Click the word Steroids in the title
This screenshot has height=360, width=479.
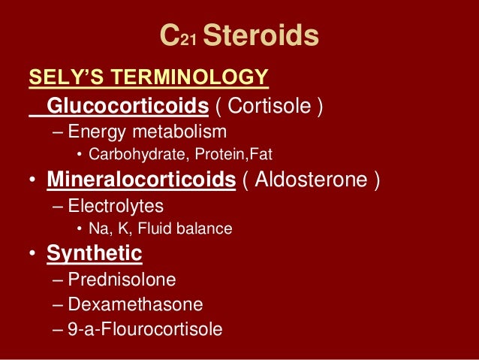pyautogui.click(x=261, y=35)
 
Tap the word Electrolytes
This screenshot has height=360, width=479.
pyautogui.click(x=115, y=205)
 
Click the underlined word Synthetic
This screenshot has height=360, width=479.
pyautogui.click(x=95, y=253)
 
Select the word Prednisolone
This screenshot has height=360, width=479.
pyautogui.click(x=122, y=280)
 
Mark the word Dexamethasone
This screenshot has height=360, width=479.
pyautogui.click(x=135, y=304)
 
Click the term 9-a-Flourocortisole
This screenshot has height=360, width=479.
pyautogui.click(x=145, y=329)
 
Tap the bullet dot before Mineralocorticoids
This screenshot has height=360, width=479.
pyautogui.click(x=32, y=181)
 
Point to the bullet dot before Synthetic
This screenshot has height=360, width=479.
pyautogui.click(x=32, y=254)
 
